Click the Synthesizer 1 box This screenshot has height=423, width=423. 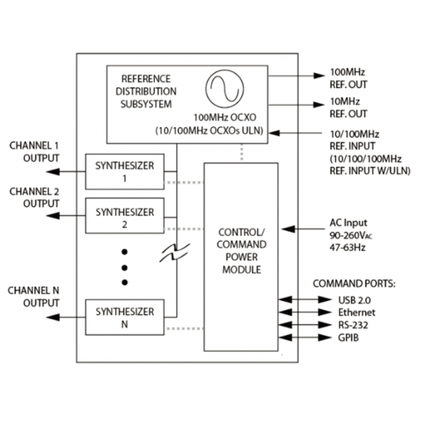click(x=125, y=171)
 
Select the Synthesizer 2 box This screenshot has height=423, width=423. click(x=125, y=216)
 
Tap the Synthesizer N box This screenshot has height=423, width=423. click(x=125, y=317)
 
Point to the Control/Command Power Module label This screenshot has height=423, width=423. click(x=241, y=250)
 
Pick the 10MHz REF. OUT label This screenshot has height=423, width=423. click(x=349, y=108)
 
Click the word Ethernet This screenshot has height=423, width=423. click(x=357, y=312)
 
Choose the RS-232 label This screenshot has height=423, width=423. click(x=354, y=325)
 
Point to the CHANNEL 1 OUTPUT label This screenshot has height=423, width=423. click(x=34, y=152)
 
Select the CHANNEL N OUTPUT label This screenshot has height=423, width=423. click(x=34, y=296)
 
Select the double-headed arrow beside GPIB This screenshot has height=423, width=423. click(x=294, y=337)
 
